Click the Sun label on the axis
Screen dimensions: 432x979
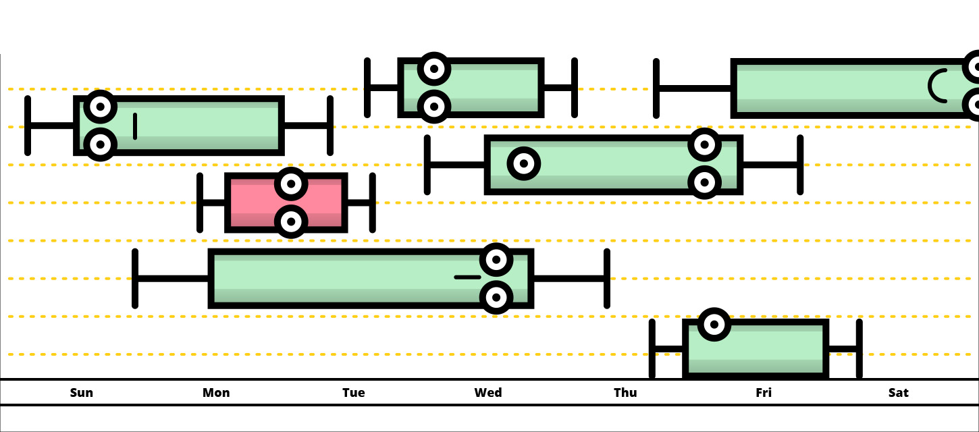click(x=82, y=393)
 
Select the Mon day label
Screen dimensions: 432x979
click(x=216, y=393)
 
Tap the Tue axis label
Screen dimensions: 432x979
click(x=353, y=393)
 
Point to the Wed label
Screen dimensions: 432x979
click(x=488, y=393)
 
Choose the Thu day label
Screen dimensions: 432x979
click(x=625, y=393)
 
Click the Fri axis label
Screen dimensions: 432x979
click(x=764, y=393)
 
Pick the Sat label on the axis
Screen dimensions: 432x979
click(x=899, y=393)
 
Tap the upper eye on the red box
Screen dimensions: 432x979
click(x=291, y=184)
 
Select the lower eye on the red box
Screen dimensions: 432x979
click(x=291, y=221)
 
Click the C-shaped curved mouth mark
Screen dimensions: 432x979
click(x=937, y=86)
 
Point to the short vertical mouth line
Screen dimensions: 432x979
click(x=135, y=126)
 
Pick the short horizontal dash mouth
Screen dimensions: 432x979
click(x=467, y=277)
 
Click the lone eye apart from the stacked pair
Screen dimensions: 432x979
click(x=523, y=163)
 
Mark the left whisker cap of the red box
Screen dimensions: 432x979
click(x=200, y=202)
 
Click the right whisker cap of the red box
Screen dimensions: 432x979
click(x=372, y=202)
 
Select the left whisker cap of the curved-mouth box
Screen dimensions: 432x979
click(x=656, y=88)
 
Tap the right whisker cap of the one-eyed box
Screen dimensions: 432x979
click(x=859, y=348)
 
